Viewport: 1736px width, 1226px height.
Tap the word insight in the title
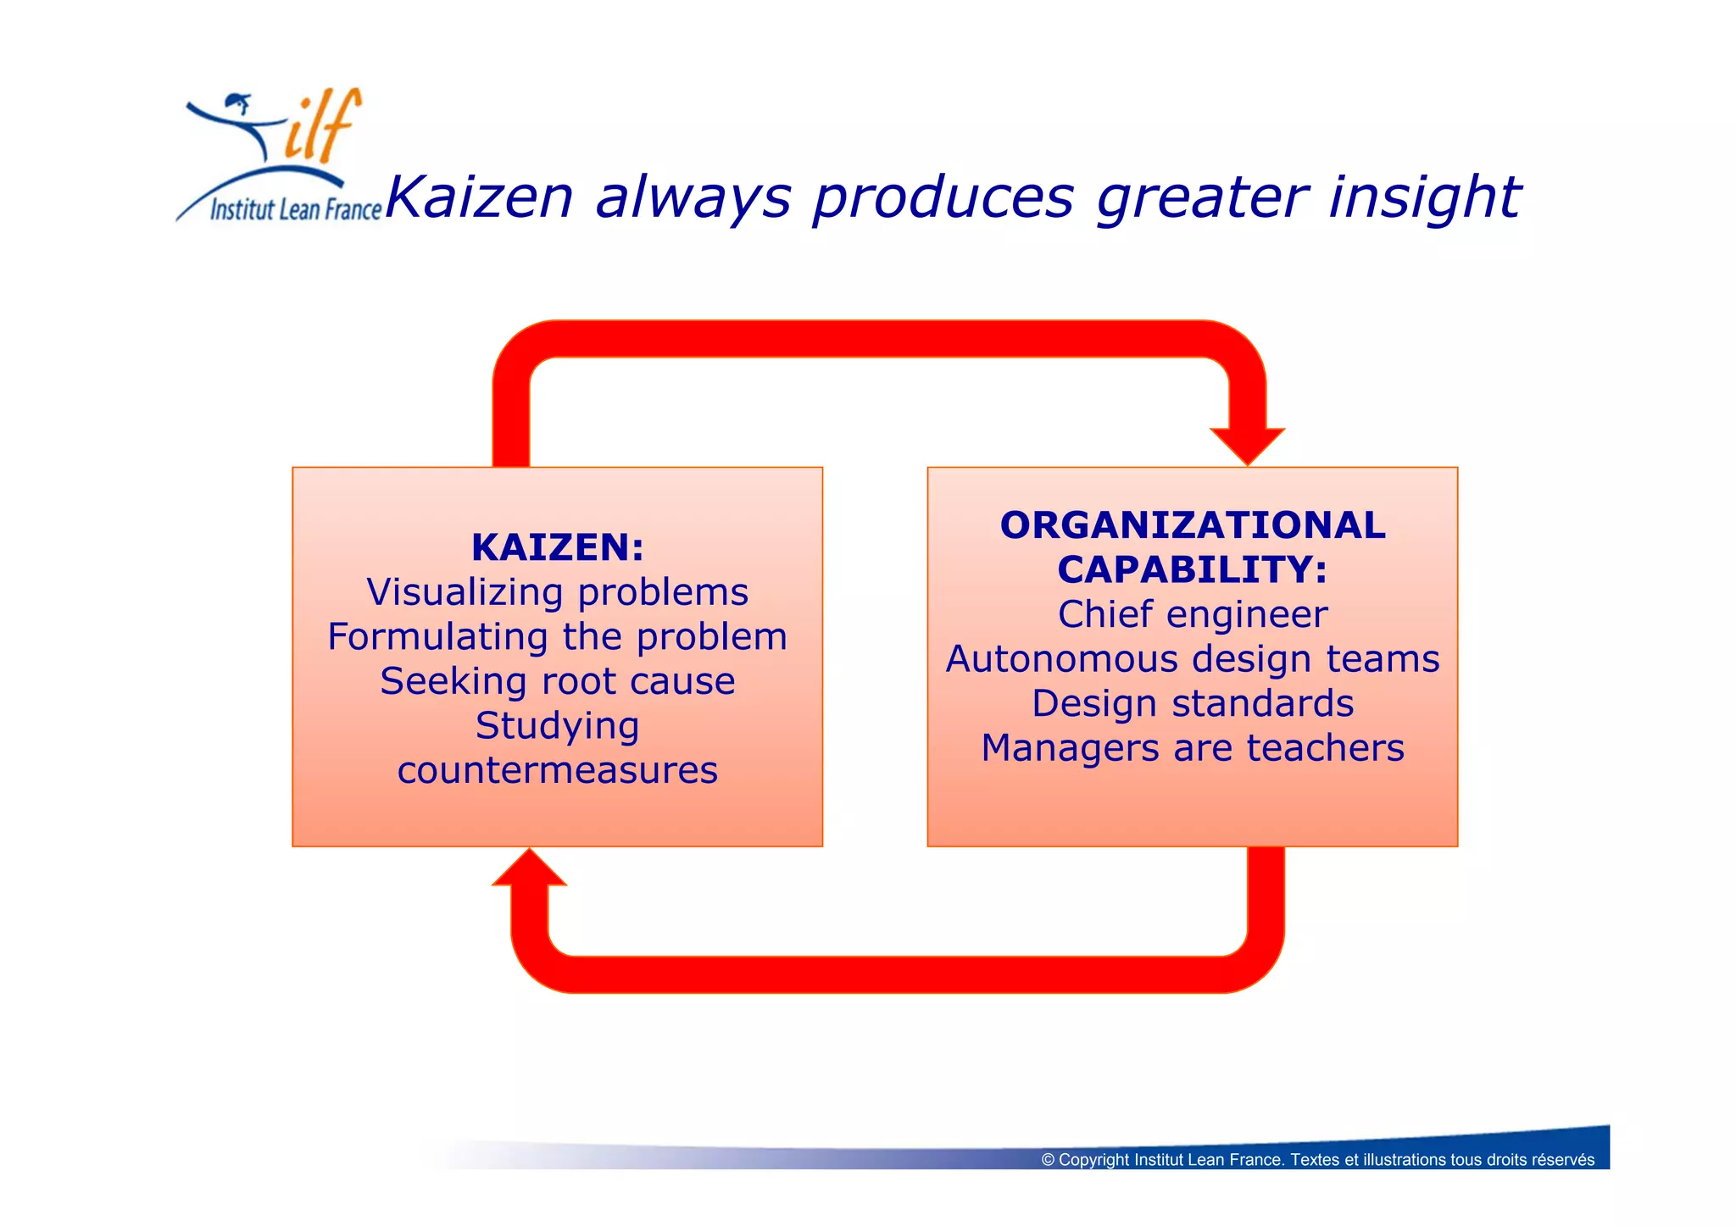(x=1424, y=197)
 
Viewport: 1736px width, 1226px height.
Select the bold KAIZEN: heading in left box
(x=557, y=547)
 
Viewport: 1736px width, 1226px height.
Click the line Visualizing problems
(x=557, y=592)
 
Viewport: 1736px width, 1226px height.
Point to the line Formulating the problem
(x=557, y=637)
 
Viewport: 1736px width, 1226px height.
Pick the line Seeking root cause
(x=557, y=681)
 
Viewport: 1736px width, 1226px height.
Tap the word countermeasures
(x=557, y=770)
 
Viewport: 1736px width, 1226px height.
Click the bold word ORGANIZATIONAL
(x=1192, y=525)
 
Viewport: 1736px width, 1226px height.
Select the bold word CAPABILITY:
(x=1192, y=569)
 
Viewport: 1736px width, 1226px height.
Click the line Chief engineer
(x=1192, y=614)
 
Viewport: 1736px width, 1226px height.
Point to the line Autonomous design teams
(x=1192, y=659)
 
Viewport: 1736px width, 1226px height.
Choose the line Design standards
(x=1192, y=703)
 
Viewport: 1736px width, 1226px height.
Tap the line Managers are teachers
(x=1192, y=748)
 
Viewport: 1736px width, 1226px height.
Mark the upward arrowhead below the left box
(x=529, y=869)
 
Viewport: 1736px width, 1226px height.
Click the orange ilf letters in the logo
(x=322, y=127)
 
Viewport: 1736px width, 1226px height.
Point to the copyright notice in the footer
(x=1317, y=1160)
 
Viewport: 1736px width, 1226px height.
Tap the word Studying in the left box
(x=557, y=726)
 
